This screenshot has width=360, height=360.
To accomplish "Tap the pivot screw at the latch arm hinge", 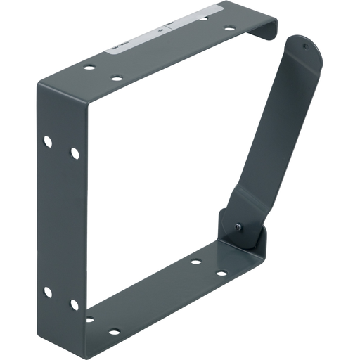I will [x=238, y=226].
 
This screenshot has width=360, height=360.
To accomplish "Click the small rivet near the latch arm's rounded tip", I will [x=304, y=46].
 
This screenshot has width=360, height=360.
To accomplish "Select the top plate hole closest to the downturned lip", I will [x=229, y=29].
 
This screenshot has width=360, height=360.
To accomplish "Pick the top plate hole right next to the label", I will [x=202, y=18].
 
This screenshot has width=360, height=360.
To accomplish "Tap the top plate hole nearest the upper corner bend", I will [x=89, y=68].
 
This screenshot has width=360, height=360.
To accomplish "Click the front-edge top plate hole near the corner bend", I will [x=117, y=78].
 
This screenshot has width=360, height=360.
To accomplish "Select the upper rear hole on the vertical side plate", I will [x=48, y=141].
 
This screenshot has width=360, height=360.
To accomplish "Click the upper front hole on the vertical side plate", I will [x=74, y=153].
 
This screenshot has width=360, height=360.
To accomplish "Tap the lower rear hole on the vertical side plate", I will [x=48, y=291].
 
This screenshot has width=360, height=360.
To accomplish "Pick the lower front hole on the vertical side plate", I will [x=74, y=304].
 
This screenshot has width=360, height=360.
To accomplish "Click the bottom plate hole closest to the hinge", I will [x=221, y=273].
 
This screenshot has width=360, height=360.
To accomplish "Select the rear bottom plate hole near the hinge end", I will [x=195, y=262].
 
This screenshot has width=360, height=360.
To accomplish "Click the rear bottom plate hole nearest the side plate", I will [x=89, y=319].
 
